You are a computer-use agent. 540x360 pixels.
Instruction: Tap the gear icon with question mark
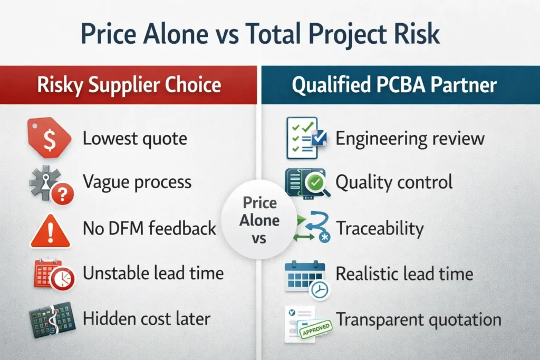pyautogui.click(x=51, y=183)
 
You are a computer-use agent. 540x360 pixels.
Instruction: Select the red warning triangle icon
pyautogui.click(x=50, y=230)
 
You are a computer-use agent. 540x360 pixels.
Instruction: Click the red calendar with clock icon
pyautogui.click(x=53, y=275)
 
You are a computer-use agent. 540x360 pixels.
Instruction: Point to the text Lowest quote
pyautogui.click(x=135, y=139)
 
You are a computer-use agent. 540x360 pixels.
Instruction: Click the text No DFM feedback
pyautogui.click(x=150, y=228)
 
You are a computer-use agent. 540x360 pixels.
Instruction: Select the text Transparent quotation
pyautogui.click(x=419, y=319)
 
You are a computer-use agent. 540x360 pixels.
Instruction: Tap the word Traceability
pyautogui.click(x=380, y=228)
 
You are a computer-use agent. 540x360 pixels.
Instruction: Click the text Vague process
pyautogui.click(x=137, y=182)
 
